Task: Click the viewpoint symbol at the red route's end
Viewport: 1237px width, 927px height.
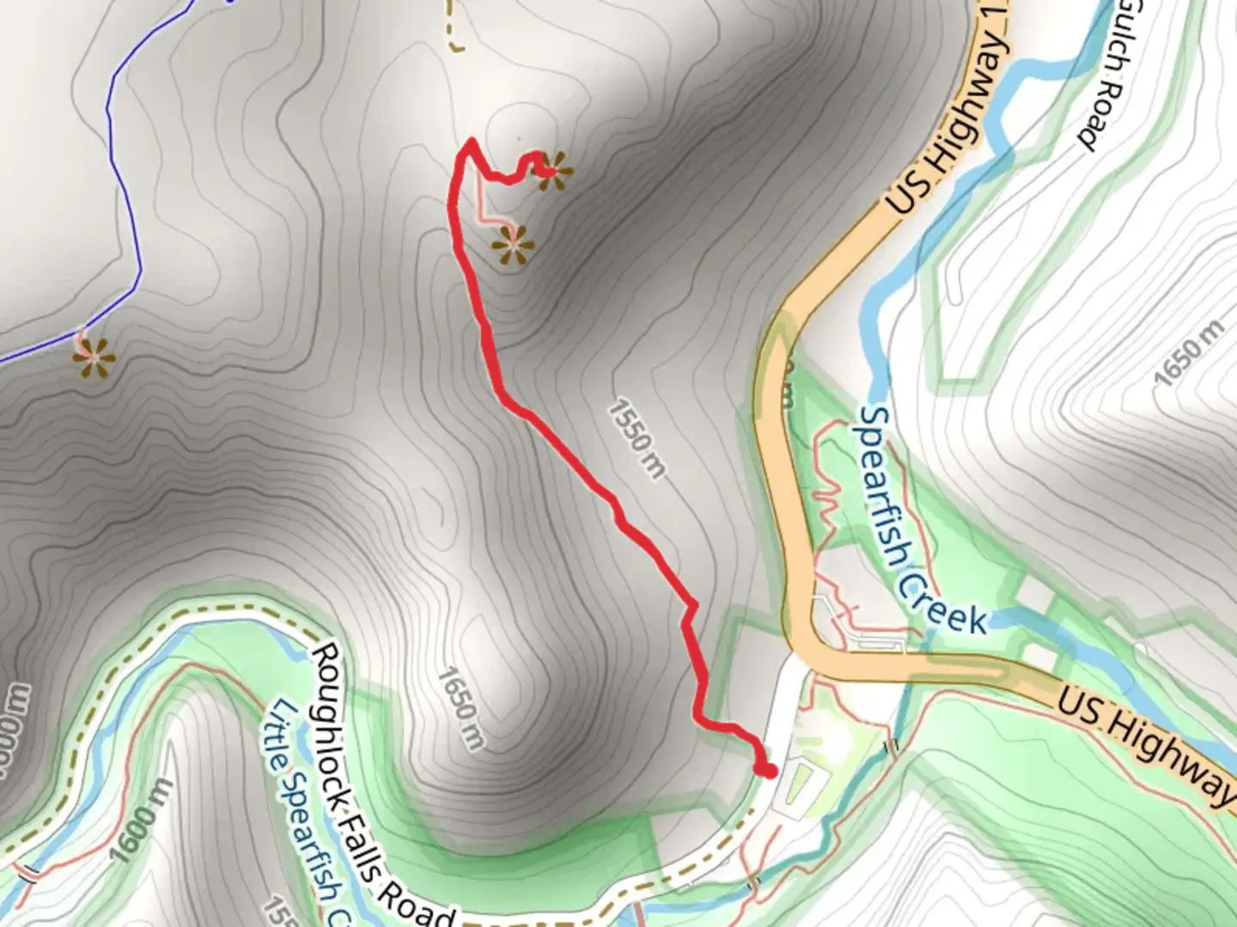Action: (x=554, y=171)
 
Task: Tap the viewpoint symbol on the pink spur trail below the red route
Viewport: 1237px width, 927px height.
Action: (x=514, y=245)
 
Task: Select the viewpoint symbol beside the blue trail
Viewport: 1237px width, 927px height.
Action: (x=94, y=360)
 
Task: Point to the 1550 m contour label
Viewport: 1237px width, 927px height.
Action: (x=637, y=439)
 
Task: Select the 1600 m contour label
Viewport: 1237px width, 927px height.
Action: (x=141, y=820)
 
